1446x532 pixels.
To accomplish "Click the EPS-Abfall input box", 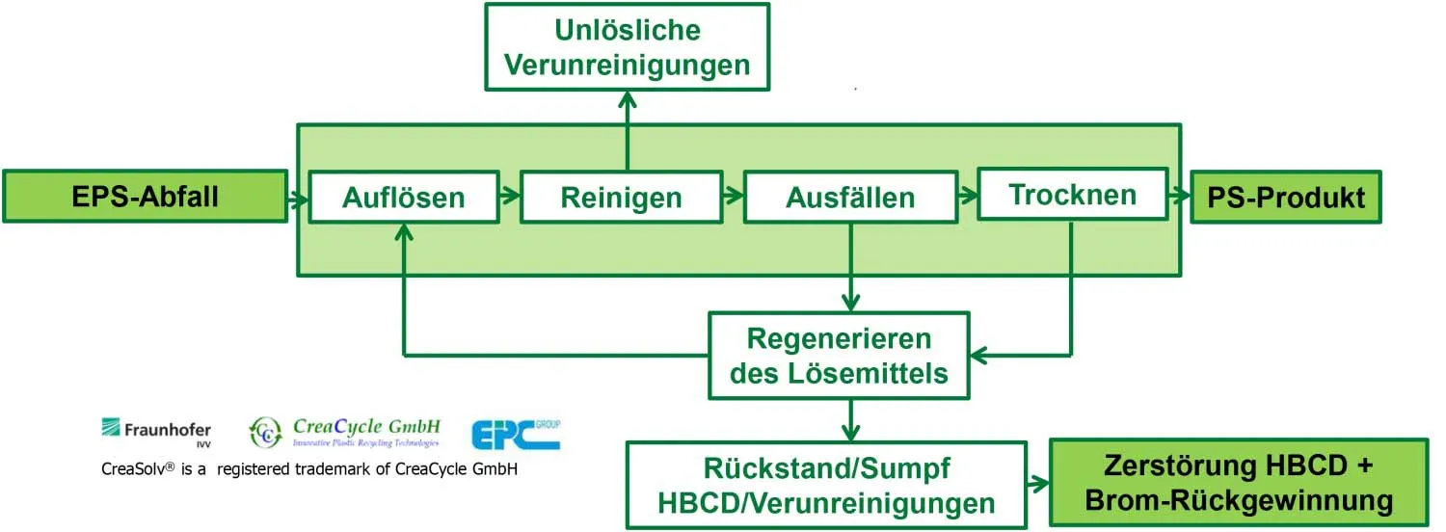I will [x=146, y=197].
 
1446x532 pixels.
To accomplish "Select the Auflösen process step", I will [x=403, y=198].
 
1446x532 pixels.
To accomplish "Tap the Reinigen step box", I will [x=621, y=198].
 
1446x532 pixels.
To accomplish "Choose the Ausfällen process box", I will [x=849, y=198].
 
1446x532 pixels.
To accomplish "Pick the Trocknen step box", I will [x=1072, y=194].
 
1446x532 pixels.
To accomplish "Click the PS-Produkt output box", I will [x=1286, y=198].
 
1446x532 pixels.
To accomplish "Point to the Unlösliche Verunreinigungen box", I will [x=627, y=47].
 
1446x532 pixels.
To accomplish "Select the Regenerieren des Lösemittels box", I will [x=839, y=356].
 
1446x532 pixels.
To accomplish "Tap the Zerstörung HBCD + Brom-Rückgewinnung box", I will [x=1238, y=484].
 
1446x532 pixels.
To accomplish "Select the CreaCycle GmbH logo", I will [x=345, y=432].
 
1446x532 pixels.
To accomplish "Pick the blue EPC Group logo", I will [x=515, y=434].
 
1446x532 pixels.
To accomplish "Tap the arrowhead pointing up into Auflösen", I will [x=404, y=233].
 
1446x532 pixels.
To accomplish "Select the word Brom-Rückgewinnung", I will [x=1238, y=501].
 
